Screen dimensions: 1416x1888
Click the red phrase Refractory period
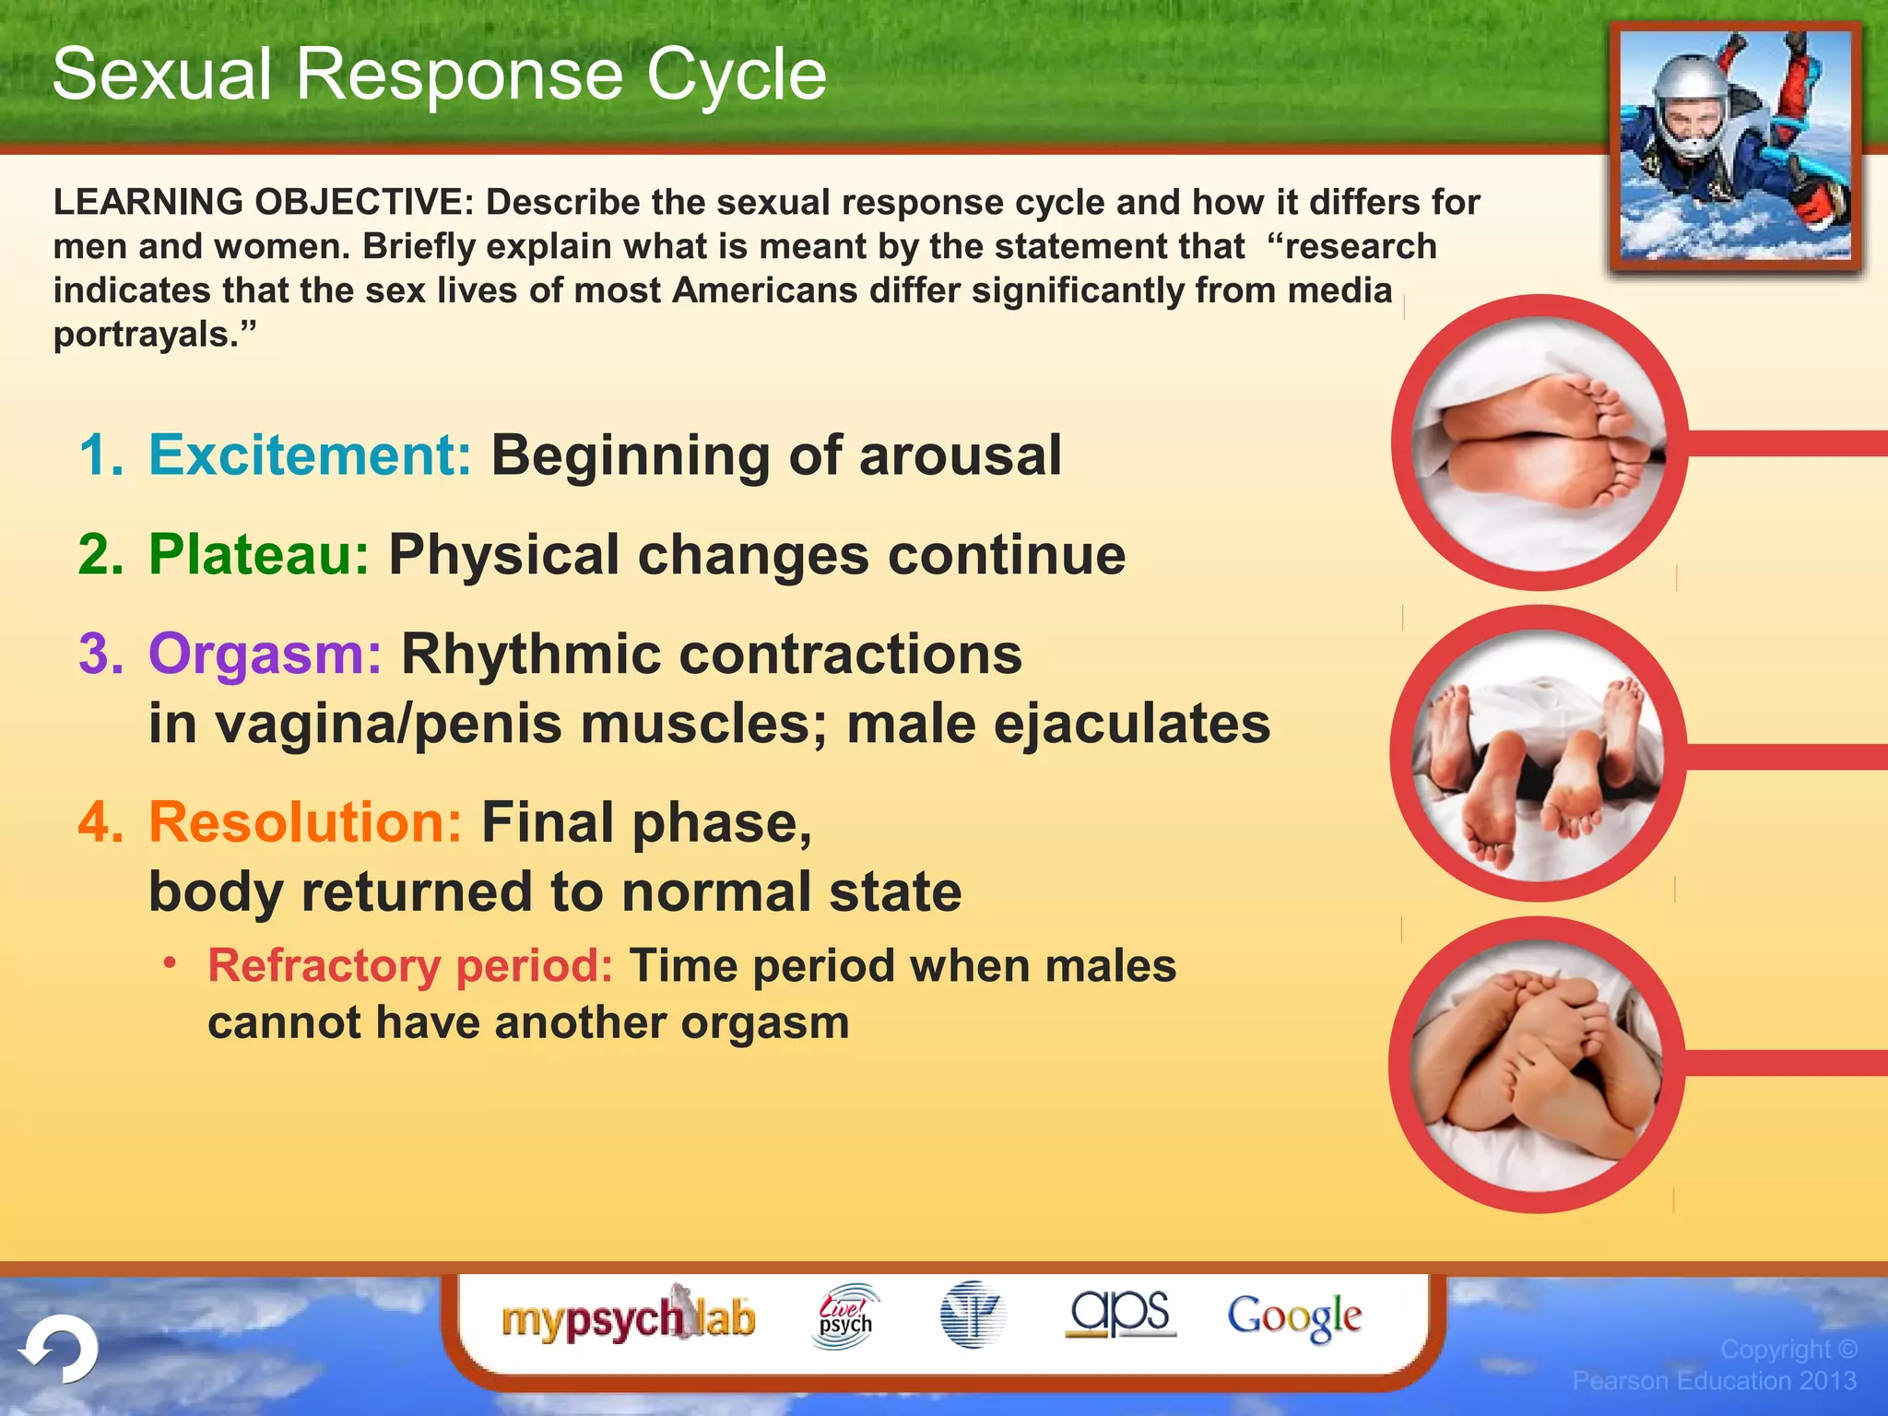click(x=410, y=966)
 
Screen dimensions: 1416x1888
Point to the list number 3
click(x=100, y=655)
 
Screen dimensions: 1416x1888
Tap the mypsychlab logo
click(x=629, y=1318)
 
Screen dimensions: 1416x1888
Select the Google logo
click(x=1294, y=1316)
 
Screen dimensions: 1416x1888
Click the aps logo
click(x=1120, y=1314)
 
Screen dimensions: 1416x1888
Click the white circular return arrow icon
click(x=60, y=1350)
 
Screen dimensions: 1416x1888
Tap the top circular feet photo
click(x=1540, y=443)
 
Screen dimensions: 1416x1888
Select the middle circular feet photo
click(x=1538, y=754)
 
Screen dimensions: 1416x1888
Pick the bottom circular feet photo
click(x=1537, y=1065)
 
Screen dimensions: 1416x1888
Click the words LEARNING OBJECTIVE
click(x=263, y=203)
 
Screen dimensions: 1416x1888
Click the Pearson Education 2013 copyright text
click(x=1714, y=1380)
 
